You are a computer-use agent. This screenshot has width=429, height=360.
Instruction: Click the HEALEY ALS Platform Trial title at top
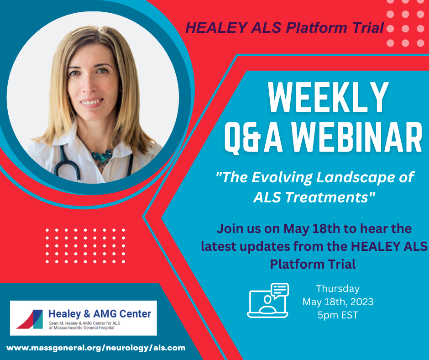click(x=284, y=28)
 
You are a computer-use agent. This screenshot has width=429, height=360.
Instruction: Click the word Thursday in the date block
click(x=338, y=289)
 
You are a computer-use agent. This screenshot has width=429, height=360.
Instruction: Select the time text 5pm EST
click(x=338, y=315)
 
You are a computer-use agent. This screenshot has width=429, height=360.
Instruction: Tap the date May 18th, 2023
click(x=338, y=302)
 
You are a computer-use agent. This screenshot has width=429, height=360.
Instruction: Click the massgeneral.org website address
click(x=96, y=348)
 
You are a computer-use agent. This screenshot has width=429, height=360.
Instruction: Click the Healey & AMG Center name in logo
click(x=99, y=314)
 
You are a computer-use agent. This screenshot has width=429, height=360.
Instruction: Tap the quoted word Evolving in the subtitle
click(x=279, y=178)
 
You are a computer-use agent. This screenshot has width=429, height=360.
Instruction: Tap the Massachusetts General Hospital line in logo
click(x=82, y=328)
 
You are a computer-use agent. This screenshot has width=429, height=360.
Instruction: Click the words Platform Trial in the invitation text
click(x=313, y=264)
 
